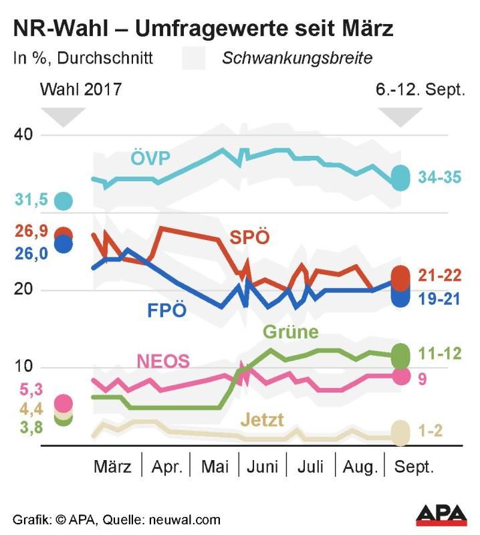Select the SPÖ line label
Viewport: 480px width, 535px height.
click(x=249, y=237)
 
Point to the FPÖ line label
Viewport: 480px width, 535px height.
click(x=166, y=311)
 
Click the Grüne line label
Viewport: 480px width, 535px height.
click(x=291, y=332)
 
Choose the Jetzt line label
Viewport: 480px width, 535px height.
click(x=262, y=420)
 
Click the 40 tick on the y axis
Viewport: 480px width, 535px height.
click(x=25, y=135)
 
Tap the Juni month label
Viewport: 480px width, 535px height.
click(x=262, y=467)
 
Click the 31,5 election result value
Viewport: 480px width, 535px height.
click(x=31, y=199)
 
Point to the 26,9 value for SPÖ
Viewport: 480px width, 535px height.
click(x=31, y=232)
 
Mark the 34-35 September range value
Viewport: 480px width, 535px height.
click(x=440, y=177)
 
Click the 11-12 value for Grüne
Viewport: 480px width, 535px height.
click(x=439, y=354)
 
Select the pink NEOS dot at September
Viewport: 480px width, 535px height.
click(x=401, y=376)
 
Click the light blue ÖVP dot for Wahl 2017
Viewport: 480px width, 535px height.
click(x=64, y=199)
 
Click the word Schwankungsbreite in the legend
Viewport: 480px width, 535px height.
click(x=297, y=58)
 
